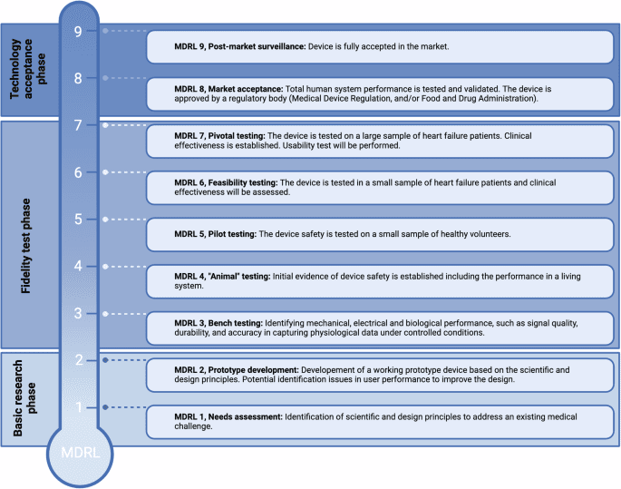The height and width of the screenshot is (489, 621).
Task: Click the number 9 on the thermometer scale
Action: coord(78,30)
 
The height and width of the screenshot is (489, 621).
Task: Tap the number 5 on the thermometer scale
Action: coord(78,219)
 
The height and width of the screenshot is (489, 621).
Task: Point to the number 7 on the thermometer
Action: coord(78,124)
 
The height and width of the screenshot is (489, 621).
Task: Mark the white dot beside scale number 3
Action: coord(106,314)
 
